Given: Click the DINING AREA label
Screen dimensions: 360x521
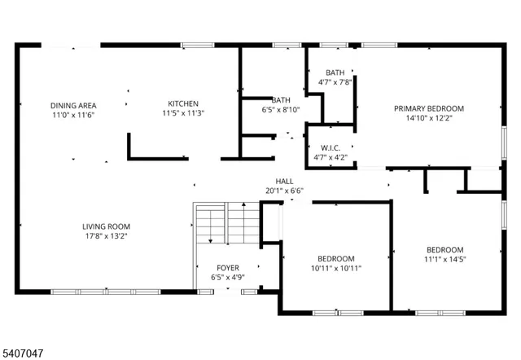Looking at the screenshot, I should pos(73,106).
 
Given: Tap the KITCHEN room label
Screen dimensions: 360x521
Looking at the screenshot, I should pos(184,103).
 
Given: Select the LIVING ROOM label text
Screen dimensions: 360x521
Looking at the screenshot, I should pos(106,226).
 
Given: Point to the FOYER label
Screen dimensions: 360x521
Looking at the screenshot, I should pos(228,268).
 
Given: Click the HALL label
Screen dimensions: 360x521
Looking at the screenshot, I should pos(284,182).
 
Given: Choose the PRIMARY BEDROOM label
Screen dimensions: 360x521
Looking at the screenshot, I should pos(429,108).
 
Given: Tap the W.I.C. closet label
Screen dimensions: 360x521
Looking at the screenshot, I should pos(331,148).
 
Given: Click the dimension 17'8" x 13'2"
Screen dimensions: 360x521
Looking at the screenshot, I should pos(106,236).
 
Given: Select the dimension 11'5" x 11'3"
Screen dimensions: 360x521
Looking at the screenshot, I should pos(184,113).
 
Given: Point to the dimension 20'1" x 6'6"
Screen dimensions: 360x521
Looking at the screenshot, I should pos(284,191).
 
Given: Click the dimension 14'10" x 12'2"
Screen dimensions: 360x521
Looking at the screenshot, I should pos(429,118).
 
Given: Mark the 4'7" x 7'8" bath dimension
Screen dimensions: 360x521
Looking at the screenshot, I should pos(335,82).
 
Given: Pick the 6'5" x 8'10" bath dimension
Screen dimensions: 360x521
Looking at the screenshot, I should pos(281,110).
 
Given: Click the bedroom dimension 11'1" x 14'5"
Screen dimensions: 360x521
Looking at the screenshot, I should pos(445,260).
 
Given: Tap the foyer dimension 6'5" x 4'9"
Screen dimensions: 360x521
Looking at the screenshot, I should pos(228,278).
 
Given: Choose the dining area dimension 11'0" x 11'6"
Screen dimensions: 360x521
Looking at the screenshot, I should pos(73,116).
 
